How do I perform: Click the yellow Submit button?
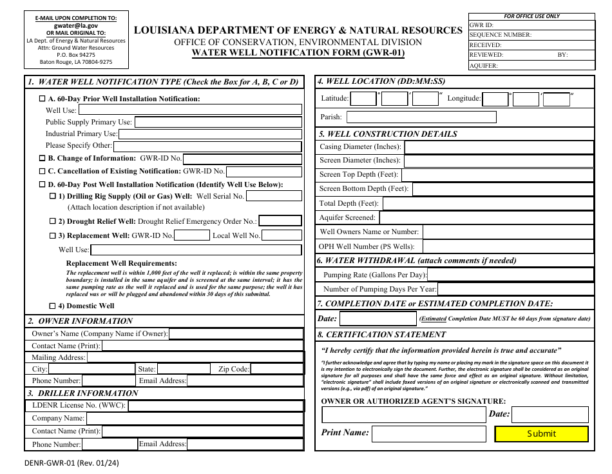[x=541, y=433]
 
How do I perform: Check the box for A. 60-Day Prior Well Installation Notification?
[x=43, y=99]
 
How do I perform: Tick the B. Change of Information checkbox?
[x=43, y=158]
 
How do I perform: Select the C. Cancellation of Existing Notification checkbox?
[x=43, y=172]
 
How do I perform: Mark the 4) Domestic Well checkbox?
[x=53, y=306]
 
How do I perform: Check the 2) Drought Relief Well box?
[x=53, y=221]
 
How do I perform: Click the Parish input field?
[x=421, y=117]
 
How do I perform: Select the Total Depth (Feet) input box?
[x=488, y=204]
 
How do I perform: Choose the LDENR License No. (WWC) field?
[x=216, y=406]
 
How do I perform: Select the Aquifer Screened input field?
[x=486, y=218]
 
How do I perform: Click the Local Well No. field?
[x=282, y=235]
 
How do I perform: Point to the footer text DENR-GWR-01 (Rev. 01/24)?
[x=72, y=462]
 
